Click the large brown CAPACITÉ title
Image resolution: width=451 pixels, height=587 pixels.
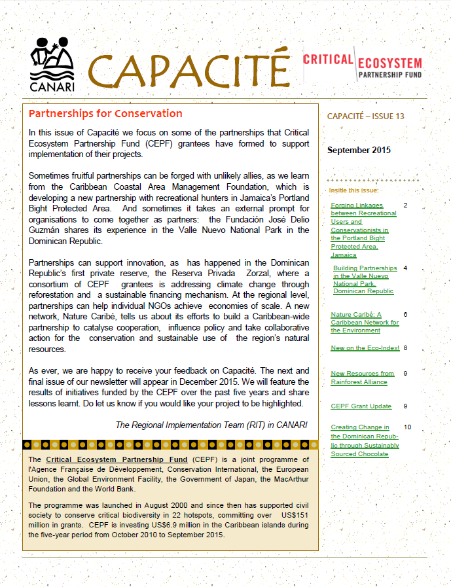(x=189, y=71)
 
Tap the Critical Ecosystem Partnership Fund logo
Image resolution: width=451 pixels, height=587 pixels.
(x=362, y=66)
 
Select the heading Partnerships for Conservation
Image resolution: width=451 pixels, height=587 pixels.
(x=105, y=114)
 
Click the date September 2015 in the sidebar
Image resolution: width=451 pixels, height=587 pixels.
(x=359, y=150)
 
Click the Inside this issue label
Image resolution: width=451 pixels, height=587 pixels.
(x=353, y=190)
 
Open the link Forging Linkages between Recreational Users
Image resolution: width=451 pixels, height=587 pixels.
(x=364, y=230)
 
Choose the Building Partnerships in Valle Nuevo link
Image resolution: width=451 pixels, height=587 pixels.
(x=365, y=279)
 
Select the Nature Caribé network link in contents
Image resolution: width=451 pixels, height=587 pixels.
(x=365, y=322)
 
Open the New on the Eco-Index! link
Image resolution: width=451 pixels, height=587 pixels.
(x=365, y=348)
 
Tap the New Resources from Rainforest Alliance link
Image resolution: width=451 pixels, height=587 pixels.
(x=362, y=378)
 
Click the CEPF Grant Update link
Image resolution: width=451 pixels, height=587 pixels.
(x=361, y=406)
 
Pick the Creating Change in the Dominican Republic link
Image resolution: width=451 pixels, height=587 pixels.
(x=364, y=440)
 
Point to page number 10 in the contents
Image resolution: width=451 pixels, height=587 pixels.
(x=407, y=427)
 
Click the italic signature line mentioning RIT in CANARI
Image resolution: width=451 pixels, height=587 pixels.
(x=211, y=425)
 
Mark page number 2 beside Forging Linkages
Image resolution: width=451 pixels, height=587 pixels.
(x=405, y=205)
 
